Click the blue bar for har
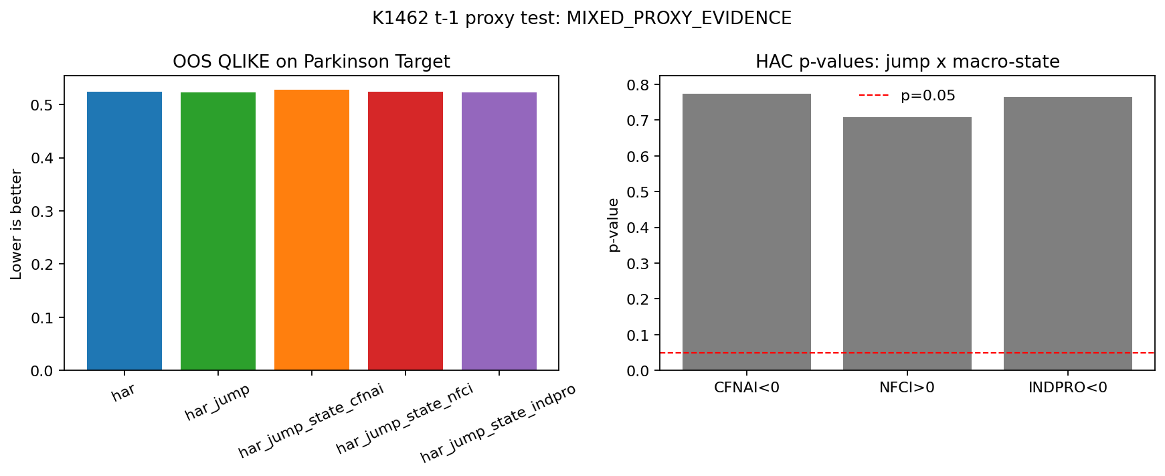(124, 231)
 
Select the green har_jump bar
(218, 231)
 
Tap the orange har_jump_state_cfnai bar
(312, 230)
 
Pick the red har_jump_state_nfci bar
(406, 231)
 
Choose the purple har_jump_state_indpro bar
(499, 231)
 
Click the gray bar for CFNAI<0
(747, 232)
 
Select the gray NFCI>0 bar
(907, 244)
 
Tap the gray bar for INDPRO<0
(1068, 234)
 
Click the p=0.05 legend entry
(907, 96)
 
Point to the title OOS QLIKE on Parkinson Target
(311, 62)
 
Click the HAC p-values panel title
(907, 62)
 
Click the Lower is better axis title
(16, 224)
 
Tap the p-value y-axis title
(614, 224)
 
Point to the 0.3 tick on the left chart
(43, 211)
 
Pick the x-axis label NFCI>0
(907, 388)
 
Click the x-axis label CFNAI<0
(747, 388)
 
